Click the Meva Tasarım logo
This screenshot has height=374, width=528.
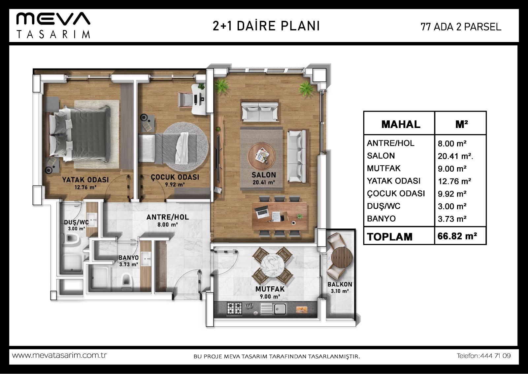point(53,25)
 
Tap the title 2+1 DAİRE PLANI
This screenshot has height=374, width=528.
point(266,26)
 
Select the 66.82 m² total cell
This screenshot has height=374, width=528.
point(457,236)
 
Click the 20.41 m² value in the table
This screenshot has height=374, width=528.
point(455,156)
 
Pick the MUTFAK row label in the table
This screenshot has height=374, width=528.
point(383,168)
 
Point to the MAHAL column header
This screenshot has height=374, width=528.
point(401,124)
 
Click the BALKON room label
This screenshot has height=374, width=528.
point(340,284)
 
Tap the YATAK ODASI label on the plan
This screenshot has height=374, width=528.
point(85,180)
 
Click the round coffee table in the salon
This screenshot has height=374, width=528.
point(261,156)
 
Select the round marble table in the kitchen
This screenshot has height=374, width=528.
point(272,265)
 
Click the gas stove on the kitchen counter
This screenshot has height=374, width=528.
point(234,309)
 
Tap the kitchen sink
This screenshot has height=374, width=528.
point(274,309)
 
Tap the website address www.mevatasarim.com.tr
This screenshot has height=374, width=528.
point(59,355)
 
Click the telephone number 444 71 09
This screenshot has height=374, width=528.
point(495,355)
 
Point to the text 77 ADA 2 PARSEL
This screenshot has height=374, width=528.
point(461,27)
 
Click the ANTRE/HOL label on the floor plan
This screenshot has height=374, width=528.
point(168,217)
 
